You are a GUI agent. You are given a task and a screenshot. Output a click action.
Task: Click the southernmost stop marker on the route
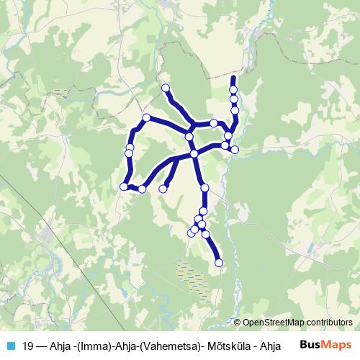pos(219,263)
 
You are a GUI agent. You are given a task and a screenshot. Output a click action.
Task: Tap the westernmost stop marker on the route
pos(124,186)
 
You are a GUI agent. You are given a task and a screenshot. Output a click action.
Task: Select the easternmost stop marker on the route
pos(235,150)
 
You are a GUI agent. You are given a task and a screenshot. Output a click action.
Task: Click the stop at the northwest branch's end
pos(166,88)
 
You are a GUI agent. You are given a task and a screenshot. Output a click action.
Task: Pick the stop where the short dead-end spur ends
pos(163,189)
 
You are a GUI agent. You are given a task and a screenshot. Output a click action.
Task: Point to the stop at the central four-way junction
pos(194,154)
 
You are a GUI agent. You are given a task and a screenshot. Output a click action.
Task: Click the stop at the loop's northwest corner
pos(146,117)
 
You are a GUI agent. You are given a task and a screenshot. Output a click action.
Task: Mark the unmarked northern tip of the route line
pos(233,76)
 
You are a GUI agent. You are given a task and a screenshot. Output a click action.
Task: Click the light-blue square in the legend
pos(10,344)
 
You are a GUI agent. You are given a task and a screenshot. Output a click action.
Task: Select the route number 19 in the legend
pos(28,344)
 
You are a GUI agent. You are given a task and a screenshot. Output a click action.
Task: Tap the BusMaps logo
pos(325,343)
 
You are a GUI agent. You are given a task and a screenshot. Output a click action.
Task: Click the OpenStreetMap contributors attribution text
pos(298,323)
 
